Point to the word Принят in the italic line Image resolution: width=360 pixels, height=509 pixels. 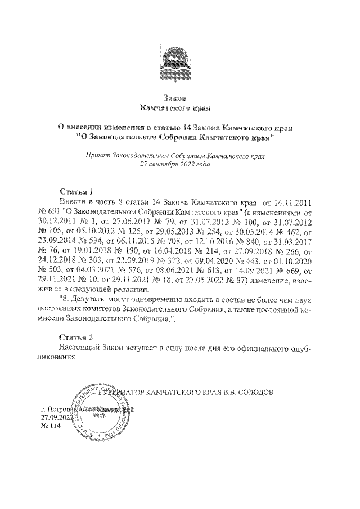[x=96, y=154]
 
